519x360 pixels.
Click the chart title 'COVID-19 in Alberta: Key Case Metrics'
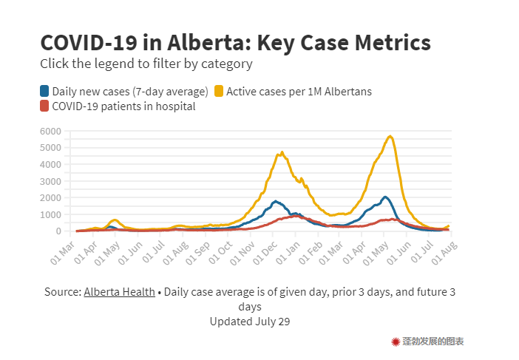pyautogui.click(x=235, y=41)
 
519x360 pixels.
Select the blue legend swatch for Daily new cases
pyautogui.click(x=45, y=92)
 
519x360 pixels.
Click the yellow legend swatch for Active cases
pyautogui.click(x=219, y=92)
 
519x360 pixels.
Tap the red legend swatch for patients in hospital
pyautogui.click(x=45, y=106)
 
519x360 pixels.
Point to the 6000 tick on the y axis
pyautogui.click(x=50, y=131)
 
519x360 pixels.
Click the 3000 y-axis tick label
pyautogui.click(x=50, y=181)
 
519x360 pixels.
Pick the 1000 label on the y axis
pyautogui.click(x=50, y=214)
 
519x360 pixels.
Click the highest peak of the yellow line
pyautogui.click(x=390, y=136)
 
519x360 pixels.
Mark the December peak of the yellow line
pyautogui.click(x=282, y=152)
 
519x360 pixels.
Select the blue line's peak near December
pyautogui.click(x=276, y=200)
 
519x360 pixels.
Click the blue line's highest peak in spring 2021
pyautogui.click(x=385, y=197)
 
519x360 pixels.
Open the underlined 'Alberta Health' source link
pyautogui.click(x=119, y=292)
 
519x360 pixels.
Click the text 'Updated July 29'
pyautogui.click(x=249, y=322)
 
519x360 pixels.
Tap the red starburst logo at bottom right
pyautogui.click(x=396, y=342)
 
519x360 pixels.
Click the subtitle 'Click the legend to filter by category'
pyautogui.click(x=146, y=64)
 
